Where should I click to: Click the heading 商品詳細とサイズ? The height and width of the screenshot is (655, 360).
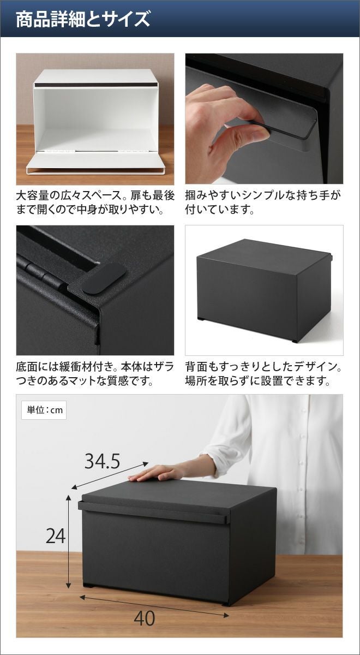pyautogui.click(x=83, y=19)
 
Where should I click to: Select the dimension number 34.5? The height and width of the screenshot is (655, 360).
pyautogui.click(x=103, y=461)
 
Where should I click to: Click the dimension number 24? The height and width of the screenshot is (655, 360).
pyautogui.click(x=56, y=536)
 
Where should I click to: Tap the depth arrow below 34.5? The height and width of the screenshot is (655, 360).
pyautogui.click(x=110, y=475)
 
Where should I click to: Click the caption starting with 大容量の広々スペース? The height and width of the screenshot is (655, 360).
pyautogui.click(x=95, y=203)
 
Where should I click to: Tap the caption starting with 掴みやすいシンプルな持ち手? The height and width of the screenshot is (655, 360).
pyautogui.click(x=263, y=203)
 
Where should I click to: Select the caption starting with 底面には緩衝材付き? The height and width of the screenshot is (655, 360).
pyautogui.click(x=95, y=374)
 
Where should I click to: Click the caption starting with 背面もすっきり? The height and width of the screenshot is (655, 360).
pyautogui.click(x=263, y=374)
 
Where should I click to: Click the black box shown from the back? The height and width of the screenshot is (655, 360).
pyautogui.click(x=265, y=289)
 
